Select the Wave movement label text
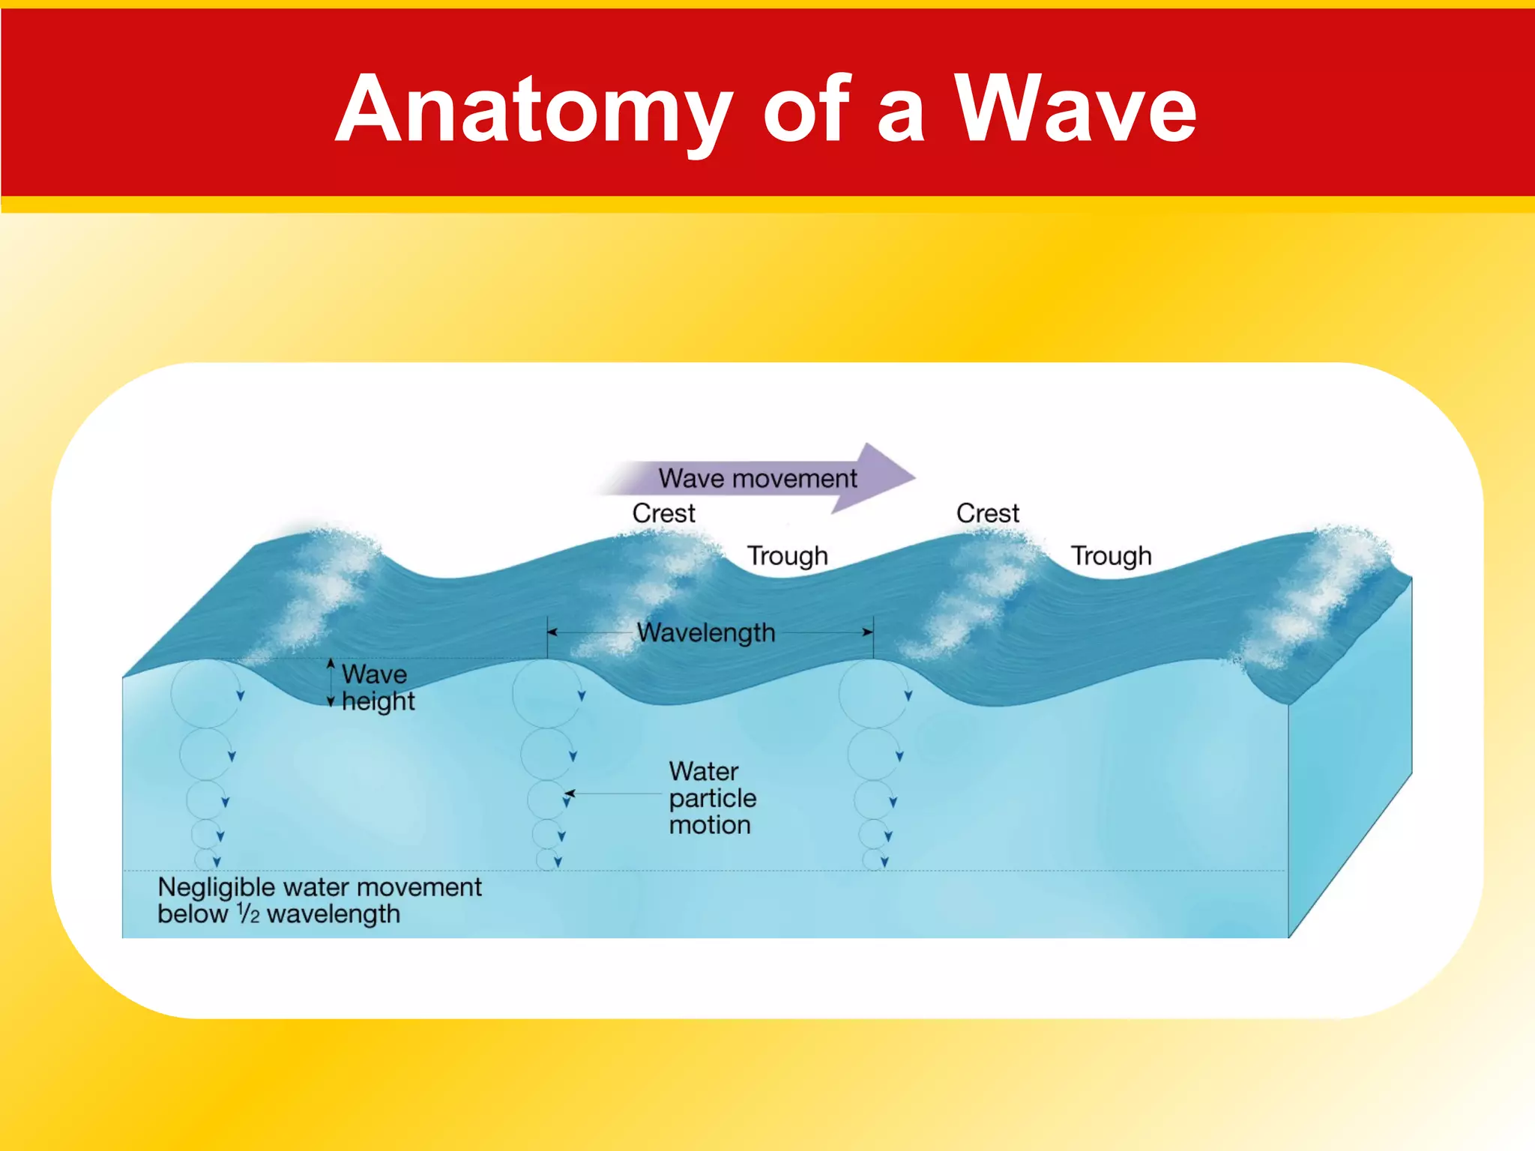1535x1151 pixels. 757,478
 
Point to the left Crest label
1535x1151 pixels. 663,513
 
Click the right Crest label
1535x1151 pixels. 987,513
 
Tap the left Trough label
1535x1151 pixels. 787,556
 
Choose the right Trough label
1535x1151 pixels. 1111,556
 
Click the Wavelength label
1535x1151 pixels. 705,633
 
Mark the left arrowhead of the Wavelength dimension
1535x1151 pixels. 552,632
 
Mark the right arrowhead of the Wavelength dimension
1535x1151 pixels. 868,632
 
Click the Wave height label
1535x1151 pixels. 377,687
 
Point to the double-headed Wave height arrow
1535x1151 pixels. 331,682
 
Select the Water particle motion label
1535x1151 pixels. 712,798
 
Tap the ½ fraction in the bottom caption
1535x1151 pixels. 248,913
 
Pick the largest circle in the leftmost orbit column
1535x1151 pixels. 205,694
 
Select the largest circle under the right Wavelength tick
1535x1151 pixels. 873,694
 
